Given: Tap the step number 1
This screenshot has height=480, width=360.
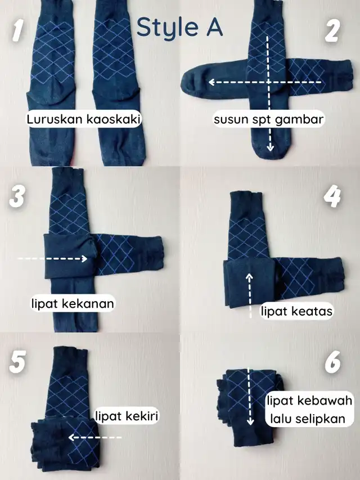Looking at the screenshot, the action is (18, 30).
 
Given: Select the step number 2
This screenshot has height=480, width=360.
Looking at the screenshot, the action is (332, 30).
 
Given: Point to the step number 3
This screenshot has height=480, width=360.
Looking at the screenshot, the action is (17, 197).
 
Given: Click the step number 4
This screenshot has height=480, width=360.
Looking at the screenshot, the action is (332, 196).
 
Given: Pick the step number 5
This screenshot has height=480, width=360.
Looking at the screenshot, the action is (17, 362).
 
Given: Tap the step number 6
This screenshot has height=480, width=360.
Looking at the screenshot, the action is (333, 362).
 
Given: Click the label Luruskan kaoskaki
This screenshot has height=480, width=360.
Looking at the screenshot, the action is (84, 119).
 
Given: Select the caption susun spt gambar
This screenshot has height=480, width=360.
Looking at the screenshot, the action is (269, 119).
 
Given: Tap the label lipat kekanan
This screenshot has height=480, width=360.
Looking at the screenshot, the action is (73, 303).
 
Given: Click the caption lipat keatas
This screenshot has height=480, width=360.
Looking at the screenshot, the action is (296, 311).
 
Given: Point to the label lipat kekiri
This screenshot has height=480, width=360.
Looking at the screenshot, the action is (127, 416).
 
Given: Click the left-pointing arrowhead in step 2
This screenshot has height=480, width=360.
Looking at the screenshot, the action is (211, 82).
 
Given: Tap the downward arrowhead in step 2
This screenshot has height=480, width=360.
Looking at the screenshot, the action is (269, 148).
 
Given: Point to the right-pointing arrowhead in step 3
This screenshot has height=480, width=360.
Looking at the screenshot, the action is (84, 259).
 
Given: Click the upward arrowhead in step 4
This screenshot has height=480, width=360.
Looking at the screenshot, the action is (250, 276).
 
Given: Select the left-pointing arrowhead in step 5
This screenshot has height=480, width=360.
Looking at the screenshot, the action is (71, 437).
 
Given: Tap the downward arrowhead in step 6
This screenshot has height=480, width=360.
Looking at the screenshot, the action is (250, 422).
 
